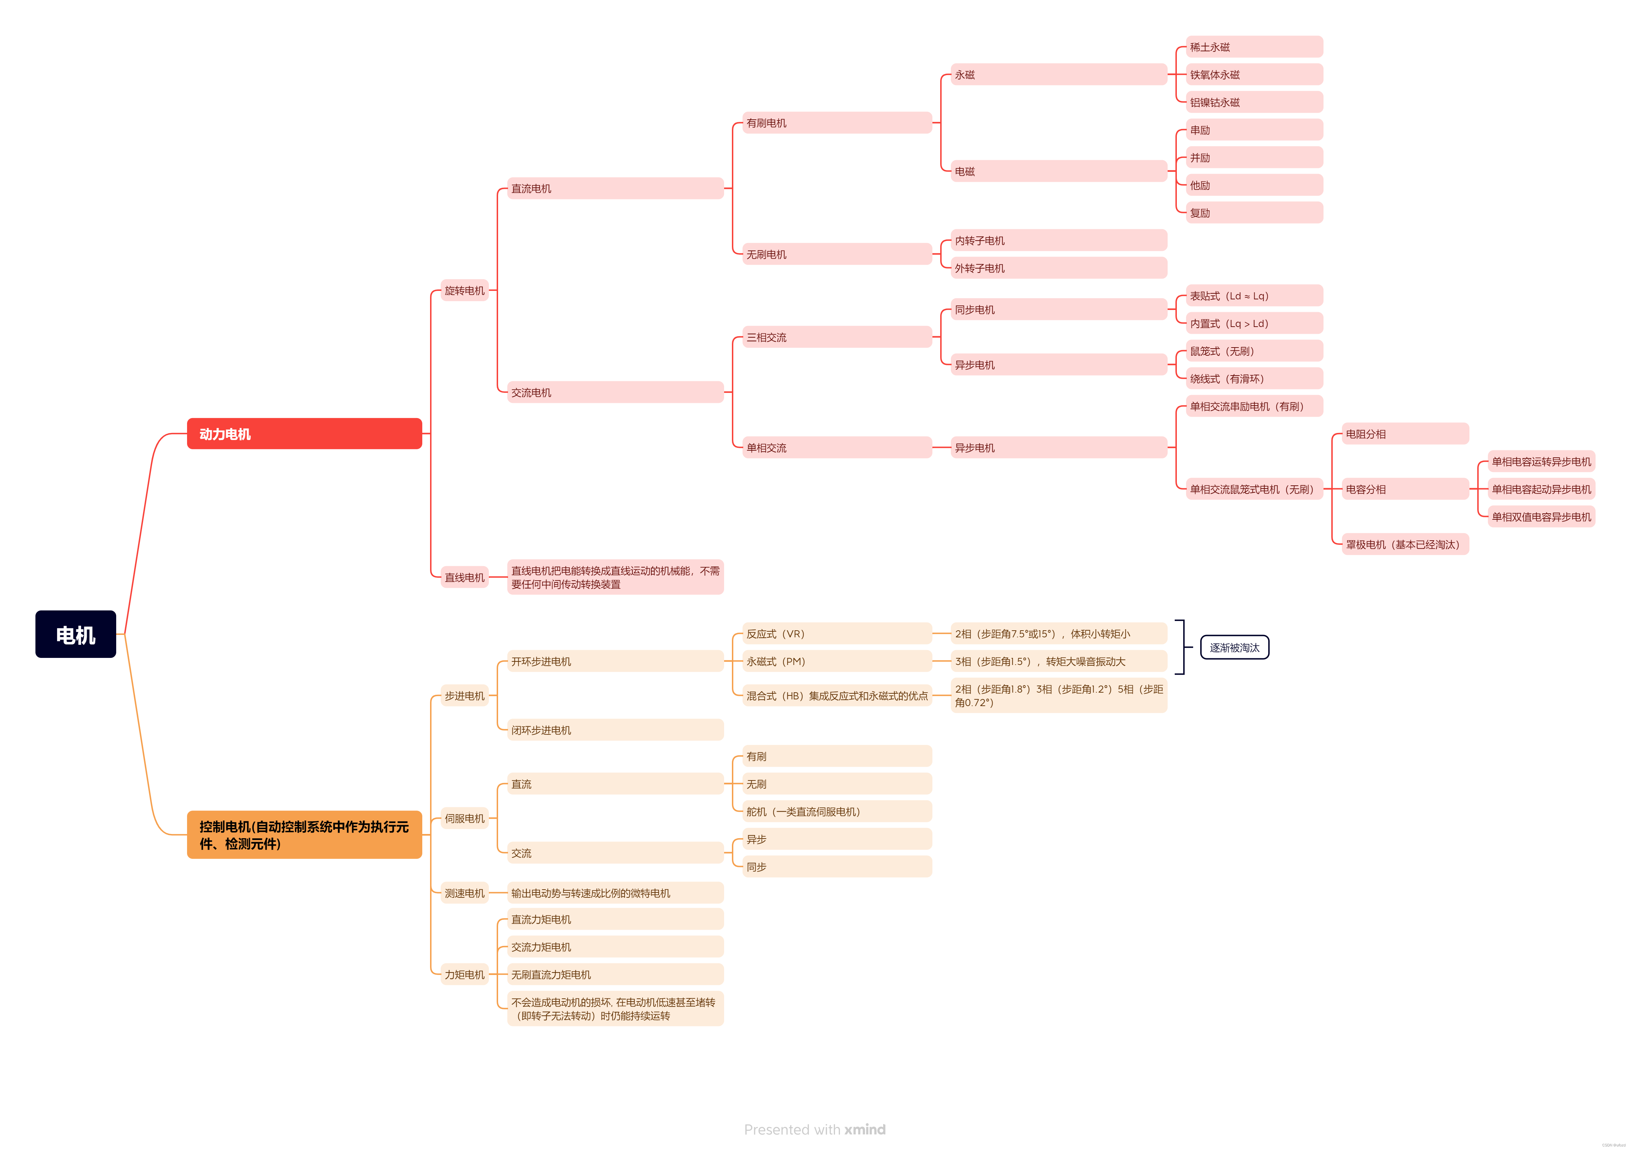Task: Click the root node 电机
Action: (x=75, y=634)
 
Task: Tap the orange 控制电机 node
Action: (x=304, y=835)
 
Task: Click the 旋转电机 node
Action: (x=464, y=291)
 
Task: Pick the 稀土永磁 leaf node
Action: (x=1254, y=47)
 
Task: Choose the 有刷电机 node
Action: (x=837, y=123)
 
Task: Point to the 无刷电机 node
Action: (x=837, y=254)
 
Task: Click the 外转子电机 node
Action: (x=1059, y=268)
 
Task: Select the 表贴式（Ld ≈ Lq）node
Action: (x=1254, y=295)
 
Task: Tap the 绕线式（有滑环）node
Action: (x=1254, y=379)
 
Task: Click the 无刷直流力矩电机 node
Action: (x=615, y=975)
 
